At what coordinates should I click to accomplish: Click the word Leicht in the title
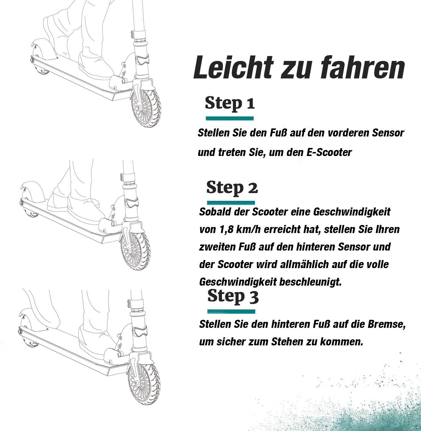click(233, 68)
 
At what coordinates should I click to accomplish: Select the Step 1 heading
click(230, 104)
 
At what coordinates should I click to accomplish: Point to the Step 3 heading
click(233, 297)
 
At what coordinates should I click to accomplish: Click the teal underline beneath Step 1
click(230, 118)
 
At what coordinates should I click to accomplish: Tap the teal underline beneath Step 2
click(231, 202)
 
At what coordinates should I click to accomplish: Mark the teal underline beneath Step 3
click(231, 311)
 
